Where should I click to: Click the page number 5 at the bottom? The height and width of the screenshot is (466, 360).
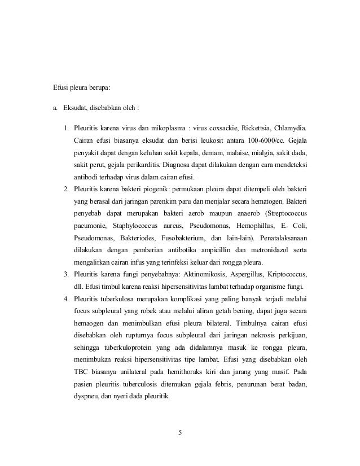(179, 433)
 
